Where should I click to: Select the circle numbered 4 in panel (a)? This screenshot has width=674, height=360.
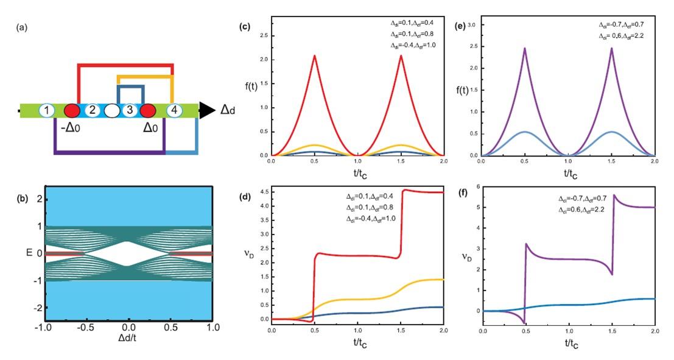(174, 111)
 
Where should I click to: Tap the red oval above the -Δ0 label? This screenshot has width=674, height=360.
(72, 111)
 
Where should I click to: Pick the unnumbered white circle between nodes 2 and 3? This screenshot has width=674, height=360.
(111, 111)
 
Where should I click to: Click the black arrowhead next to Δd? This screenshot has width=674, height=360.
(207, 110)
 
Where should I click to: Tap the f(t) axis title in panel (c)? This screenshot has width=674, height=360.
(250, 85)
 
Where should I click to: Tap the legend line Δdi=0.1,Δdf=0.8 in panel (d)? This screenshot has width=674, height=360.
(370, 207)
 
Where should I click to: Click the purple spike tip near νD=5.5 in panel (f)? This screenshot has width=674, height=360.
(614, 194)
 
